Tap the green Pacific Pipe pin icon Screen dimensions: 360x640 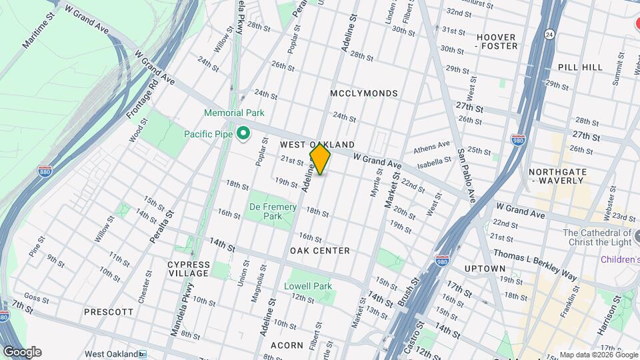click(x=243, y=134)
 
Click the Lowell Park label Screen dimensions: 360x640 click(x=308, y=286)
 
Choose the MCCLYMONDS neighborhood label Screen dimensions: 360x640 click(x=364, y=94)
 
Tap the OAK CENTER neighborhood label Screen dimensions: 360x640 click(x=320, y=251)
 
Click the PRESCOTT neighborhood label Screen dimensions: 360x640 click(x=109, y=311)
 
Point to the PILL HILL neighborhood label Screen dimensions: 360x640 click(x=580, y=67)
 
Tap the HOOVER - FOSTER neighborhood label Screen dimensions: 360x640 click(x=495, y=41)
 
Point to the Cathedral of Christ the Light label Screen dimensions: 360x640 click(x=597, y=237)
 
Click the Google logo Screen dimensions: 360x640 click(x=21, y=352)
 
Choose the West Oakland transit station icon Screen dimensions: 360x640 click(x=143, y=354)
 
